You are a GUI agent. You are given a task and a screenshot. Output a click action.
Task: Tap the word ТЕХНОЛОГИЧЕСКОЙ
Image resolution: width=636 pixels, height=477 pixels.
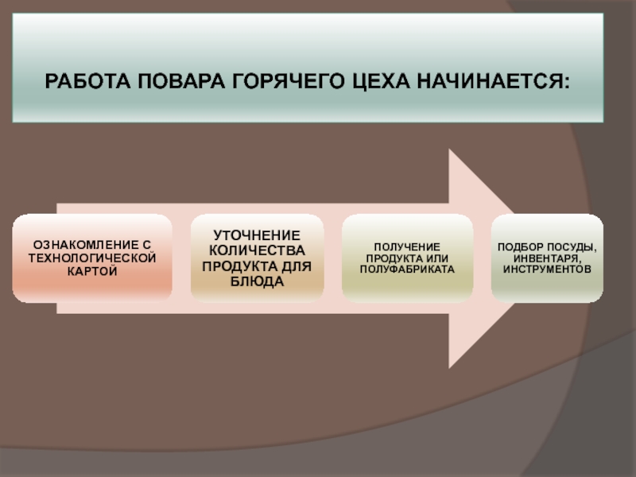click(92, 258)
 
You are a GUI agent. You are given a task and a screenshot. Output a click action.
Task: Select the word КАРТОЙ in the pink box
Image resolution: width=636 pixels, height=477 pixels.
click(92, 271)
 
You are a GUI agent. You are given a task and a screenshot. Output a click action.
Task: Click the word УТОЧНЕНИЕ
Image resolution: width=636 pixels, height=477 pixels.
click(257, 235)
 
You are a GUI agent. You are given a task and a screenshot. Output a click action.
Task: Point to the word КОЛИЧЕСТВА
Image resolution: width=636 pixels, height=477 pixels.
click(257, 250)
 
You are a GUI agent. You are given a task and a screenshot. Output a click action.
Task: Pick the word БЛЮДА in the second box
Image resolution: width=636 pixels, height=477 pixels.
click(257, 281)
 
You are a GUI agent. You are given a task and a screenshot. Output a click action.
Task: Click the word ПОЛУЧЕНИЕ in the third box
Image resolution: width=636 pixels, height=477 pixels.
click(406, 246)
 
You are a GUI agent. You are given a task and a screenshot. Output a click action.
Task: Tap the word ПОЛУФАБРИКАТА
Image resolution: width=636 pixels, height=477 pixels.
click(406, 270)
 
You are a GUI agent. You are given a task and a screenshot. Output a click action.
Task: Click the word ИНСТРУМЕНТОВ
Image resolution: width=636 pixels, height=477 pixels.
click(547, 270)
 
